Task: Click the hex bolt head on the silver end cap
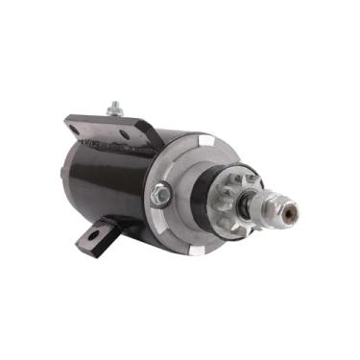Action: click(x=161, y=195)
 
